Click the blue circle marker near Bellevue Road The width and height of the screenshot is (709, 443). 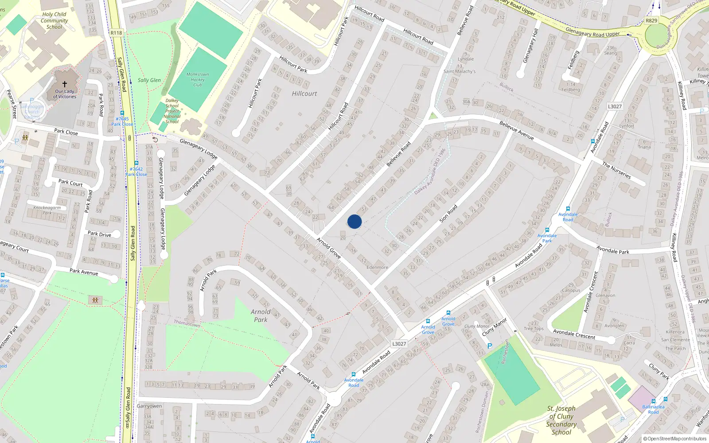coord(354,221)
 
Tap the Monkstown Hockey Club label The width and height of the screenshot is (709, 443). coord(198,80)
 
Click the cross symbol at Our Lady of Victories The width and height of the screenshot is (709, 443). coord(65,84)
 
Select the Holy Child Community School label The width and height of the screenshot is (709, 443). coord(54,20)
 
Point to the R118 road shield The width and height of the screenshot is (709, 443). coord(116,33)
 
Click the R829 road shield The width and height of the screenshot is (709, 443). coord(651,20)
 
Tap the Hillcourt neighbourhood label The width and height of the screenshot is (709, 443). coord(304,93)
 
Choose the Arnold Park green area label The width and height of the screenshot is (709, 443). coord(261,315)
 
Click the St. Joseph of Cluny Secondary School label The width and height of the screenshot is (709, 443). coord(561,420)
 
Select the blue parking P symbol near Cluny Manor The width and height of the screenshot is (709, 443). coord(490,346)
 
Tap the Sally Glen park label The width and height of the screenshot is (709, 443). coord(149,80)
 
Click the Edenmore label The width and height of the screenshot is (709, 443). coord(377,267)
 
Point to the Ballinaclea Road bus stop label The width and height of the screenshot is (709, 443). coord(653,409)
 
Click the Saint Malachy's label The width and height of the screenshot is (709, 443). coord(460,71)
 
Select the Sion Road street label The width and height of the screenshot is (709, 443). coord(448,214)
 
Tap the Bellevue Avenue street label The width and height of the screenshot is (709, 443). coord(516,130)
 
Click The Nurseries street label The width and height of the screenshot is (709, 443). coord(616,170)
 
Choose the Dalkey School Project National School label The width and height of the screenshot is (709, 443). coord(172,111)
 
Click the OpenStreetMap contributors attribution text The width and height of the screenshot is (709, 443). coord(677,439)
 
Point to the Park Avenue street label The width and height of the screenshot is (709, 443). coord(84,272)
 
